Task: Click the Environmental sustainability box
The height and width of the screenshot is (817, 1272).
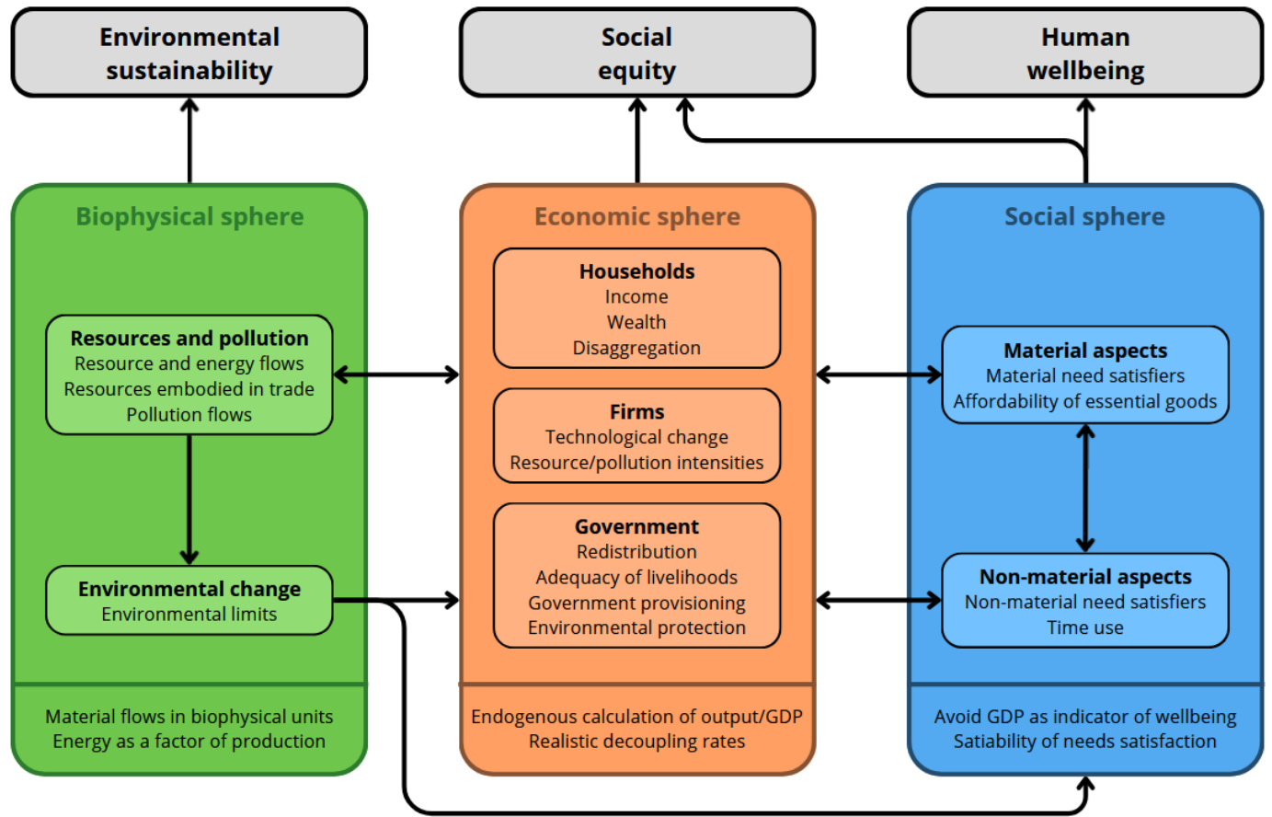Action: click(189, 53)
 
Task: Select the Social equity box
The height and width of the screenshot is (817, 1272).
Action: click(636, 53)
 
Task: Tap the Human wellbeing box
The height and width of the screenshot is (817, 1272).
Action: click(1085, 53)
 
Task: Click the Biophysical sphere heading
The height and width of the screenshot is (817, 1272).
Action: click(189, 217)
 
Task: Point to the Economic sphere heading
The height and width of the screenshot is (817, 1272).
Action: click(636, 217)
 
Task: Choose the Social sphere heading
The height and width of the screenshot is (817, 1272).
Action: click(1084, 217)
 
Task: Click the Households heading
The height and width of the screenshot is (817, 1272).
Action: click(636, 271)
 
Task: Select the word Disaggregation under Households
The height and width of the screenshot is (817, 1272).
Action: click(636, 348)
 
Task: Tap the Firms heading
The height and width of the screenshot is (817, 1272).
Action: click(636, 412)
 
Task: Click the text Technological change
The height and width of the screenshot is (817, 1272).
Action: click(636, 437)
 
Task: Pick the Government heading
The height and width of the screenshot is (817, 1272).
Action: click(636, 527)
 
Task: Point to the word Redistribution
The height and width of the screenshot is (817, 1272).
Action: click(636, 552)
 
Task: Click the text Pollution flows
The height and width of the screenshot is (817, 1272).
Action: click(189, 415)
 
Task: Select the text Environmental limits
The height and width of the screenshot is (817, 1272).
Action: click(189, 615)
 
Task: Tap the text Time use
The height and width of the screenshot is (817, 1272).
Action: click(1085, 627)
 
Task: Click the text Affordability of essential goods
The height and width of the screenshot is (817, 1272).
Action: click(1085, 401)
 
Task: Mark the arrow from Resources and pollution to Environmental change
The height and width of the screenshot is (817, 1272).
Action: click(189, 497)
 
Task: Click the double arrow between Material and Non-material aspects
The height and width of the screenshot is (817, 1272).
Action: click(1085, 488)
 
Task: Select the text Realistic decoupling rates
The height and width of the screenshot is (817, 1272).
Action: click(636, 742)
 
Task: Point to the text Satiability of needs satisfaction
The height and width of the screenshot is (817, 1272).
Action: click(1085, 742)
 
